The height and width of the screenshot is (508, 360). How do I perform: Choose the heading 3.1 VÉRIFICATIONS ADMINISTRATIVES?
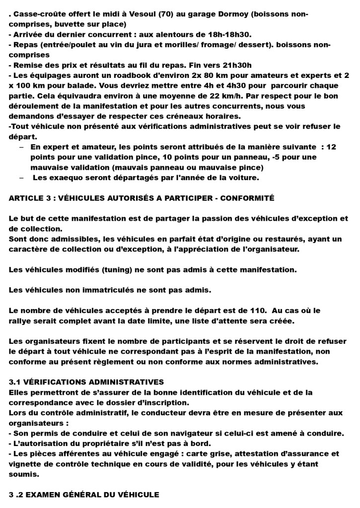pos(86,382)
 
